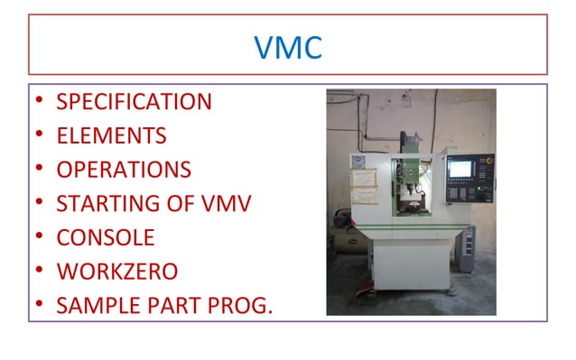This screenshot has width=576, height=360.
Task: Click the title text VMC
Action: coord(288,46)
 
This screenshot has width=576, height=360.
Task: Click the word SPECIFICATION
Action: coord(134,102)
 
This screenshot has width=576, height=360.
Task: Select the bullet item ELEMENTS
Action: coord(111,136)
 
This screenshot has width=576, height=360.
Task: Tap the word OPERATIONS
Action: coord(123,170)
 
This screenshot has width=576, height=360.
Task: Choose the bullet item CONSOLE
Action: coord(105,238)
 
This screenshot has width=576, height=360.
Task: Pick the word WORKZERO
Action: coord(116,272)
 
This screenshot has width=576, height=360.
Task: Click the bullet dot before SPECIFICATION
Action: coord(40,102)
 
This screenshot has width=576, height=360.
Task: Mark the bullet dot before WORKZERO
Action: coord(40,272)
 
